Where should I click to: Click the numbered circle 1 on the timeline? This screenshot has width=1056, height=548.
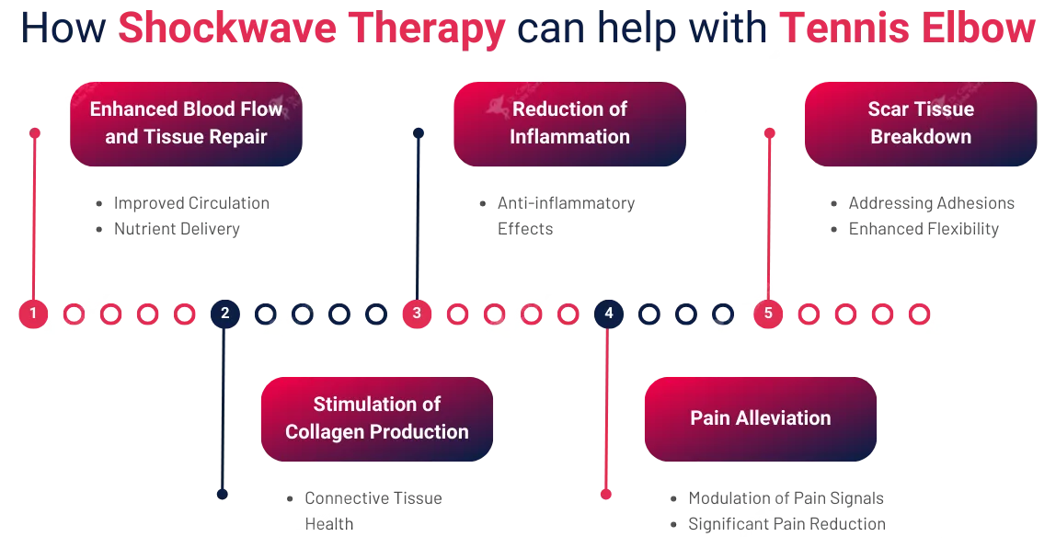click(x=33, y=314)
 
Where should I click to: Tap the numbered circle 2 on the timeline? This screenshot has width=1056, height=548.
click(x=225, y=314)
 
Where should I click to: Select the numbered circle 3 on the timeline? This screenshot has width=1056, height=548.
click(x=417, y=314)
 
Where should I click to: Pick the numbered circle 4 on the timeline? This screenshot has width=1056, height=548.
click(x=608, y=314)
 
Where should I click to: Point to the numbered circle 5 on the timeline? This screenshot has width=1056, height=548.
click(x=768, y=314)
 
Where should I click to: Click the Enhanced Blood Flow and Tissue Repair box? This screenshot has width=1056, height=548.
click(x=186, y=123)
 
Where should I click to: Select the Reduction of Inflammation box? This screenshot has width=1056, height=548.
click(x=569, y=123)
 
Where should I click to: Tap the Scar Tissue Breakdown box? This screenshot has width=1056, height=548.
click(x=921, y=123)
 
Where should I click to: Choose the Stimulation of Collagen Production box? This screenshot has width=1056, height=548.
click(x=377, y=418)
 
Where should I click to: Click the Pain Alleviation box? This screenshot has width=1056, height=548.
click(x=761, y=418)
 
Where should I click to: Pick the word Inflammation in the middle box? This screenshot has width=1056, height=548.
click(x=569, y=137)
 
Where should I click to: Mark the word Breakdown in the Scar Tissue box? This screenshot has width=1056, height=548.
click(x=921, y=137)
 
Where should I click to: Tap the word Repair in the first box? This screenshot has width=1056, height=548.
click(x=237, y=137)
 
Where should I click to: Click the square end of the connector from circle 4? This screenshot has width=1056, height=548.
click(x=606, y=494)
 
